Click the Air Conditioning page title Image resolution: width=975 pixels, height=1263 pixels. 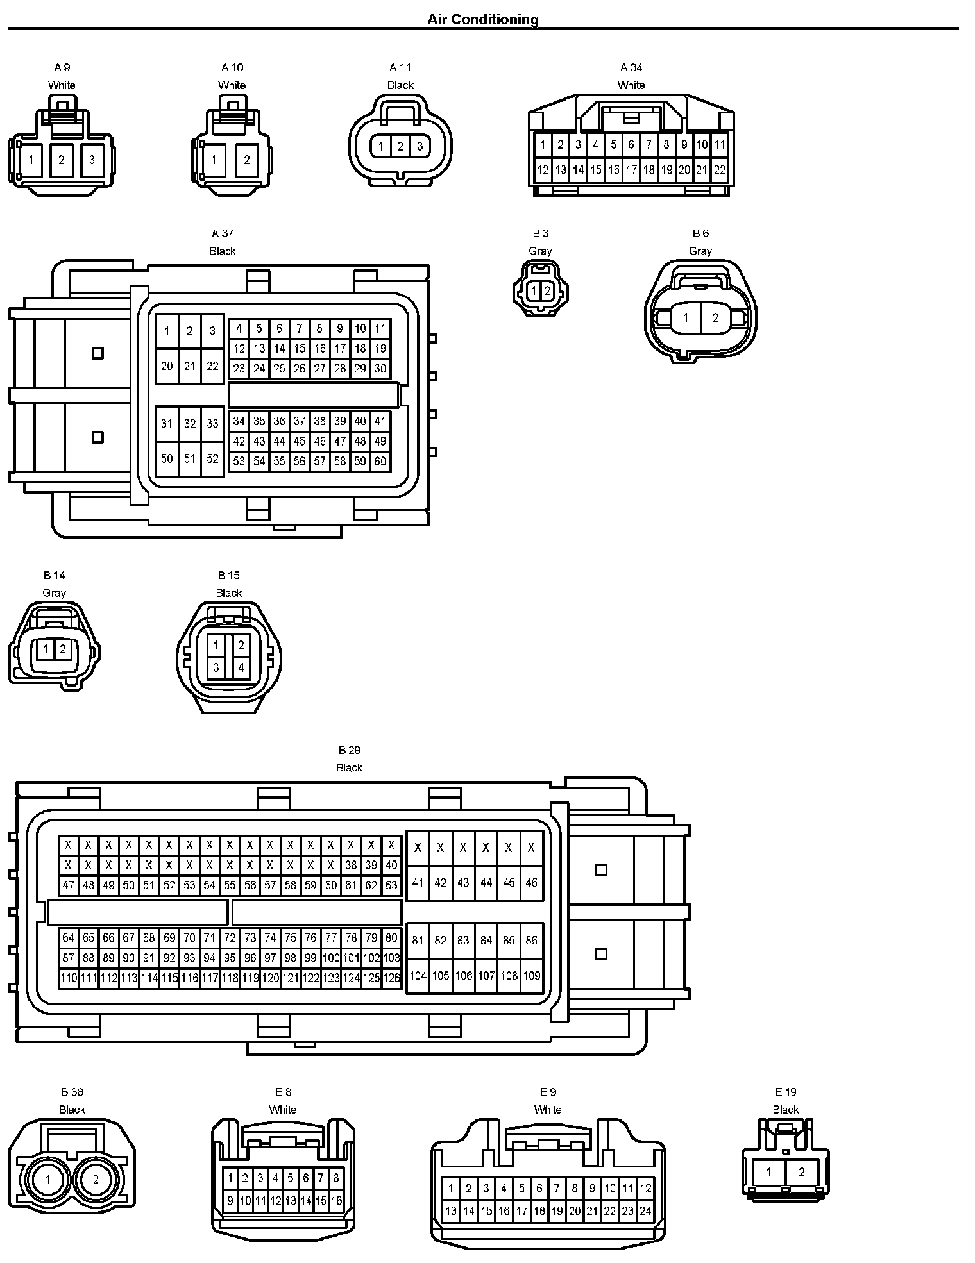pyautogui.click(x=483, y=20)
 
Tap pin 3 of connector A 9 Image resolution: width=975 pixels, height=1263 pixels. pyautogui.click(x=92, y=160)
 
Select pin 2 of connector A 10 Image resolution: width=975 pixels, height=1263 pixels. pyautogui.click(x=246, y=160)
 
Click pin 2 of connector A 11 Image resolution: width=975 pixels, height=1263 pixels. pyautogui.click(x=400, y=147)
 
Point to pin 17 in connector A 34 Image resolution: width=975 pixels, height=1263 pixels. pyautogui.click(x=631, y=170)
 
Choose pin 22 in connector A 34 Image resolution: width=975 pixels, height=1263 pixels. pyautogui.click(x=720, y=170)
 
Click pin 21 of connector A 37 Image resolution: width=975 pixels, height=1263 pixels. pyautogui.click(x=190, y=366)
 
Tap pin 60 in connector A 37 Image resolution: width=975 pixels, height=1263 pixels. pyautogui.click(x=380, y=461)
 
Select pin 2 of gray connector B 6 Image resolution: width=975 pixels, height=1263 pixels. pyautogui.click(x=715, y=317)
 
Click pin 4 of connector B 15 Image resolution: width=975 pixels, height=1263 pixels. pyautogui.click(x=241, y=667)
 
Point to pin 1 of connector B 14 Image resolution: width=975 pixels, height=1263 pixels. pyautogui.click(x=46, y=649)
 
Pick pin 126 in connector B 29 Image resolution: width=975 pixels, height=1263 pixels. pyautogui.click(x=391, y=978)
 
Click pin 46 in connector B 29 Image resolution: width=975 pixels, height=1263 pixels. pyautogui.click(x=531, y=882)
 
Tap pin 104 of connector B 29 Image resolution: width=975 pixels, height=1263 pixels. pyautogui.click(x=418, y=976)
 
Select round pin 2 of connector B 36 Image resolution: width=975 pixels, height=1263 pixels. pyautogui.click(x=96, y=1179)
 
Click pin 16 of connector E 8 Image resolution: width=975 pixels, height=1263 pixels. pyautogui.click(x=336, y=1201)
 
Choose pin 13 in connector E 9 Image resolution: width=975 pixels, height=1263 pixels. pyautogui.click(x=451, y=1211)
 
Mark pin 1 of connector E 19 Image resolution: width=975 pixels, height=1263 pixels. pyautogui.click(x=769, y=1173)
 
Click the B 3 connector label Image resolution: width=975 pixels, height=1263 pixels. pyautogui.click(x=540, y=233)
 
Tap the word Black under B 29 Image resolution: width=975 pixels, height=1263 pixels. pyautogui.click(x=350, y=767)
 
